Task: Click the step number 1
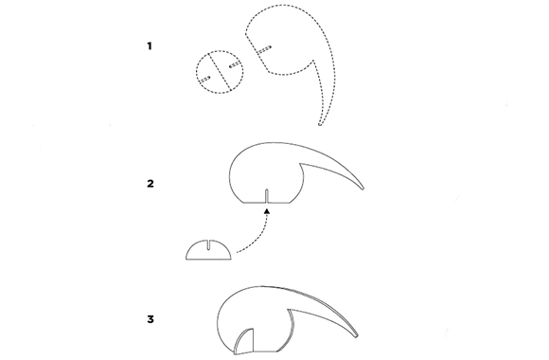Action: tap(150, 45)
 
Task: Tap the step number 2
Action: tap(151, 184)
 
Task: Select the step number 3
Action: tap(151, 319)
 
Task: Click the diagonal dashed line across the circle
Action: tap(220, 71)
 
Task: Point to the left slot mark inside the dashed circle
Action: tap(204, 80)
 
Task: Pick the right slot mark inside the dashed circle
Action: tap(235, 64)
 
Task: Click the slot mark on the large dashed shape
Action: tap(263, 50)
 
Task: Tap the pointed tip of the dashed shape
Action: tap(320, 124)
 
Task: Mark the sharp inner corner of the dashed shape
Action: tap(313, 61)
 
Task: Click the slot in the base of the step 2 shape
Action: tap(267, 196)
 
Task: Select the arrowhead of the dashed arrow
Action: tap(267, 210)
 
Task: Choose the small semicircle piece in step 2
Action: tap(208, 249)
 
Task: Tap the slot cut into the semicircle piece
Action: tap(208, 244)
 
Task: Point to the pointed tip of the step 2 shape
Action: tap(363, 189)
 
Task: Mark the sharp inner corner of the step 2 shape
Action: tap(300, 163)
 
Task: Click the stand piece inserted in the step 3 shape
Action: tap(244, 341)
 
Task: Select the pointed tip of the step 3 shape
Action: tap(357, 336)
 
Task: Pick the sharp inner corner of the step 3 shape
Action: tap(288, 310)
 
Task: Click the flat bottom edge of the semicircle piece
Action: tap(208, 260)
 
